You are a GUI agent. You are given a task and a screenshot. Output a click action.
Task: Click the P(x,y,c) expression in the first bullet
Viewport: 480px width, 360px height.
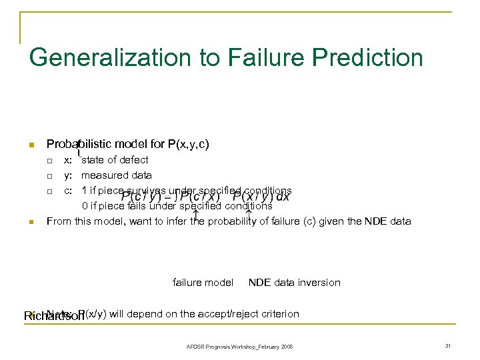(x=189, y=144)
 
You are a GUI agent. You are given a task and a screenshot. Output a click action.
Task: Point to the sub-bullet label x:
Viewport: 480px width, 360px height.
(x=68, y=160)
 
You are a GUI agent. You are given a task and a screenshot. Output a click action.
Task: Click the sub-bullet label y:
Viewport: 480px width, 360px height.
(x=68, y=175)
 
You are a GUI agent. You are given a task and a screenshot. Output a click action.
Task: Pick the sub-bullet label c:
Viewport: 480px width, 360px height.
(x=68, y=191)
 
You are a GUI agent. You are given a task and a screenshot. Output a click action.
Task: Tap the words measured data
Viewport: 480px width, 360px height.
(x=117, y=175)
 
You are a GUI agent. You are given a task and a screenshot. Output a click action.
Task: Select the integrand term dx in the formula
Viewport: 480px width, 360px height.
(x=283, y=196)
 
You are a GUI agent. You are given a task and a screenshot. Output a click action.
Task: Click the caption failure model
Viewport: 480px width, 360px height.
(x=203, y=283)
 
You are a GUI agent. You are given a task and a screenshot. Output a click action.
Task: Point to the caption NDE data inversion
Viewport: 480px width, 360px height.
(x=294, y=283)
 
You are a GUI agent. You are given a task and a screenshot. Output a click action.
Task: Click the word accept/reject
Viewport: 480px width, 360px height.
(x=231, y=314)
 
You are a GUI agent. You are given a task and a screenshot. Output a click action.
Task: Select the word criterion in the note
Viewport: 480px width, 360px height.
(x=280, y=314)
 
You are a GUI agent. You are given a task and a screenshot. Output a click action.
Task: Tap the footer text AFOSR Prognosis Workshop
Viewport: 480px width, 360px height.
(x=217, y=347)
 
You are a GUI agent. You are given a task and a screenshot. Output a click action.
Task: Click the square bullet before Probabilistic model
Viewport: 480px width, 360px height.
(x=31, y=145)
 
